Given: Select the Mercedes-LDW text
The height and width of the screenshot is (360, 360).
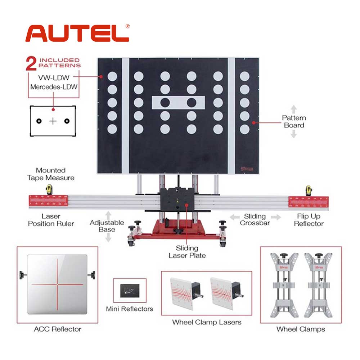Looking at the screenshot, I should pos(54,87).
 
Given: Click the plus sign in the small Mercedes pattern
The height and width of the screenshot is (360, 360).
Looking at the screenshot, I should pos(53,121).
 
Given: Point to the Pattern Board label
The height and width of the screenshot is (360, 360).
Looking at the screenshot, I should pos(294,122).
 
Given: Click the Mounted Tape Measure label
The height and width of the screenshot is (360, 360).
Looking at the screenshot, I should pos(50,174).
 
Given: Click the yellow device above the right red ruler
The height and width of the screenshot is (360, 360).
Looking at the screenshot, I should pos(309,190).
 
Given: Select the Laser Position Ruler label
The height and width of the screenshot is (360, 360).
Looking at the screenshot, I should pos(51,220).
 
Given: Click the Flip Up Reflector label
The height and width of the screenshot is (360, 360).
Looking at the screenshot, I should pos(309,220).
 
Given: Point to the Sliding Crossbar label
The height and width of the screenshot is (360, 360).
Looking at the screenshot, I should pos(255,220).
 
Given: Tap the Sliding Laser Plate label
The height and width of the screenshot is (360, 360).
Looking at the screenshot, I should pos(187,252).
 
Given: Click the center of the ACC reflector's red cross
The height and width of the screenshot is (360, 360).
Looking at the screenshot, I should pos(57,284).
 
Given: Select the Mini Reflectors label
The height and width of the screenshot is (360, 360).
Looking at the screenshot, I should pos(130,309).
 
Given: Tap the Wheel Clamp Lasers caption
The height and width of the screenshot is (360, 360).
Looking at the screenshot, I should pos(207,322).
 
